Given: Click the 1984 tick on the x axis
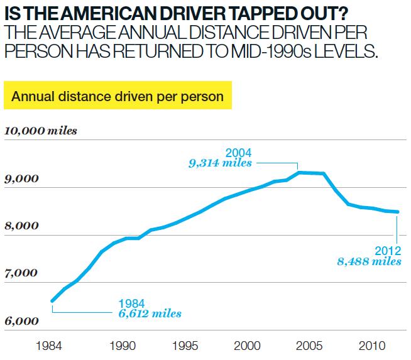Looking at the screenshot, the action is pos(49,346).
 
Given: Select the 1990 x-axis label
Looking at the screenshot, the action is pos(123,346).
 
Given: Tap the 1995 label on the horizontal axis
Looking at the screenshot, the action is pos(185,346).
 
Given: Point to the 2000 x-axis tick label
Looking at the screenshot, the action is pos(247,346).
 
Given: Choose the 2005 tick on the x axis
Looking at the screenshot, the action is pos(309,346).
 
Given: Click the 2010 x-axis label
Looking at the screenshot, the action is pos(372,346).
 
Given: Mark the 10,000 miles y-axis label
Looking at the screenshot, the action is pos(41,131).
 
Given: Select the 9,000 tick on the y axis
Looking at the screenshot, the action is pos(21,179).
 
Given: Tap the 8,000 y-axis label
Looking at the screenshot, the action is pos(21,226).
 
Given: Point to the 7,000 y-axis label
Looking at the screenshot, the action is pos(21,273).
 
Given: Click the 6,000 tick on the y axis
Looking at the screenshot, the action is pos(21,321).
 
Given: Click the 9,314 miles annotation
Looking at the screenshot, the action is pos(220,163).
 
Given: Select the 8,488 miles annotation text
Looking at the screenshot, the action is pos(369,261).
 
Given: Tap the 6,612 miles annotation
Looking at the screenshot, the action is pos(150,314).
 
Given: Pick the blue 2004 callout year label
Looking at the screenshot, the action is pos(239,153).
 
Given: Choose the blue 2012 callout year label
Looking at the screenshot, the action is pos(388,251).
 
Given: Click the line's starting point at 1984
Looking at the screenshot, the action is pos(52,301).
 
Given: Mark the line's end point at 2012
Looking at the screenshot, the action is pos(397,212).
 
